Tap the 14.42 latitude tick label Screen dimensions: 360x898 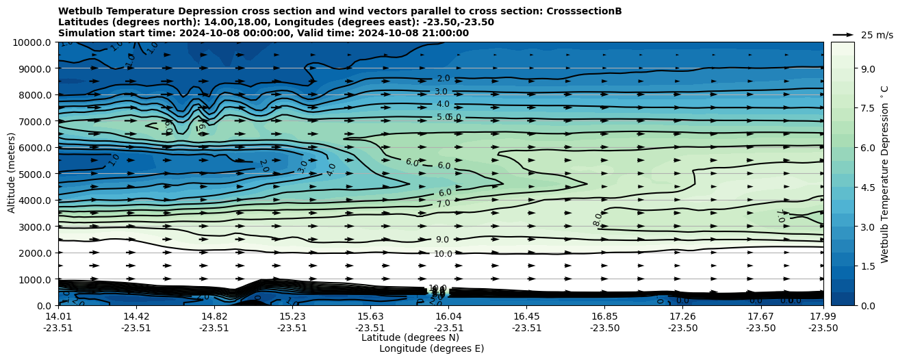(x=136, y=316)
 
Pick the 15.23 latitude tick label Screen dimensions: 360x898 (x=292, y=316)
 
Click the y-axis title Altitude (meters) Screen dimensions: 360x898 (x=12, y=174)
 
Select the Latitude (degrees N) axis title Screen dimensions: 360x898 (x=410, y=337)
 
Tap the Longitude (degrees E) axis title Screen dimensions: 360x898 (x=431, y=348)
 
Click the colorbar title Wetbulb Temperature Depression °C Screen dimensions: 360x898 (x=884, y=174)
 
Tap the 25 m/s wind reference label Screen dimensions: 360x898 (x=877, y=35)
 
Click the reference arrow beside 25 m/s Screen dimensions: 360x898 (x=843, y=35)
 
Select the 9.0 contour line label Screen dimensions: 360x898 (x=443, y=240)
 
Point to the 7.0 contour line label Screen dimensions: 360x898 (x=443, y=203)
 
